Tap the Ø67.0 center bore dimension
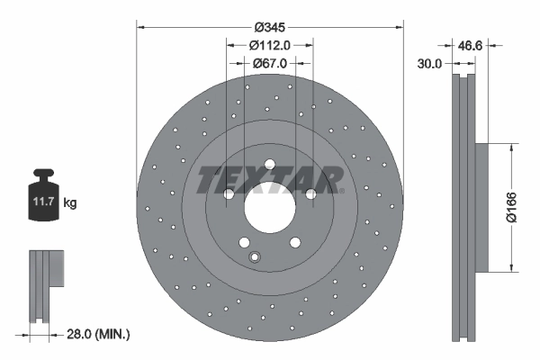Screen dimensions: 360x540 pyautogui.click(x=269, y=63)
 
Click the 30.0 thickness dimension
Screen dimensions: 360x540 pyautogui.click(x=430, y=63)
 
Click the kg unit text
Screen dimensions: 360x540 pyautogui.click(x=70, y=204)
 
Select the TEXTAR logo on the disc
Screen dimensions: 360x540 pyautogui.click(x=269, y=179)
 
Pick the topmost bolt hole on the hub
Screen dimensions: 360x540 pyautogui.click(x=269, y=163)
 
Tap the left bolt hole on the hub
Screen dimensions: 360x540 pyautogui.click(x=228, y=193)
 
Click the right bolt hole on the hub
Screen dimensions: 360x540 pyautogui.click(x=310, y=193)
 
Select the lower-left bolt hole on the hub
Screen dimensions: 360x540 pyautogui.click(x=244, y=242)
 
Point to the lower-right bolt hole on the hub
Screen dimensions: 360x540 pyautogui.click(x=294, y=242)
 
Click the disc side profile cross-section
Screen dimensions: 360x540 pyautogui.click(x=463, y=206)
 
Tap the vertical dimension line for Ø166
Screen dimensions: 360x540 pyautogui.click(x=512, y=206)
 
